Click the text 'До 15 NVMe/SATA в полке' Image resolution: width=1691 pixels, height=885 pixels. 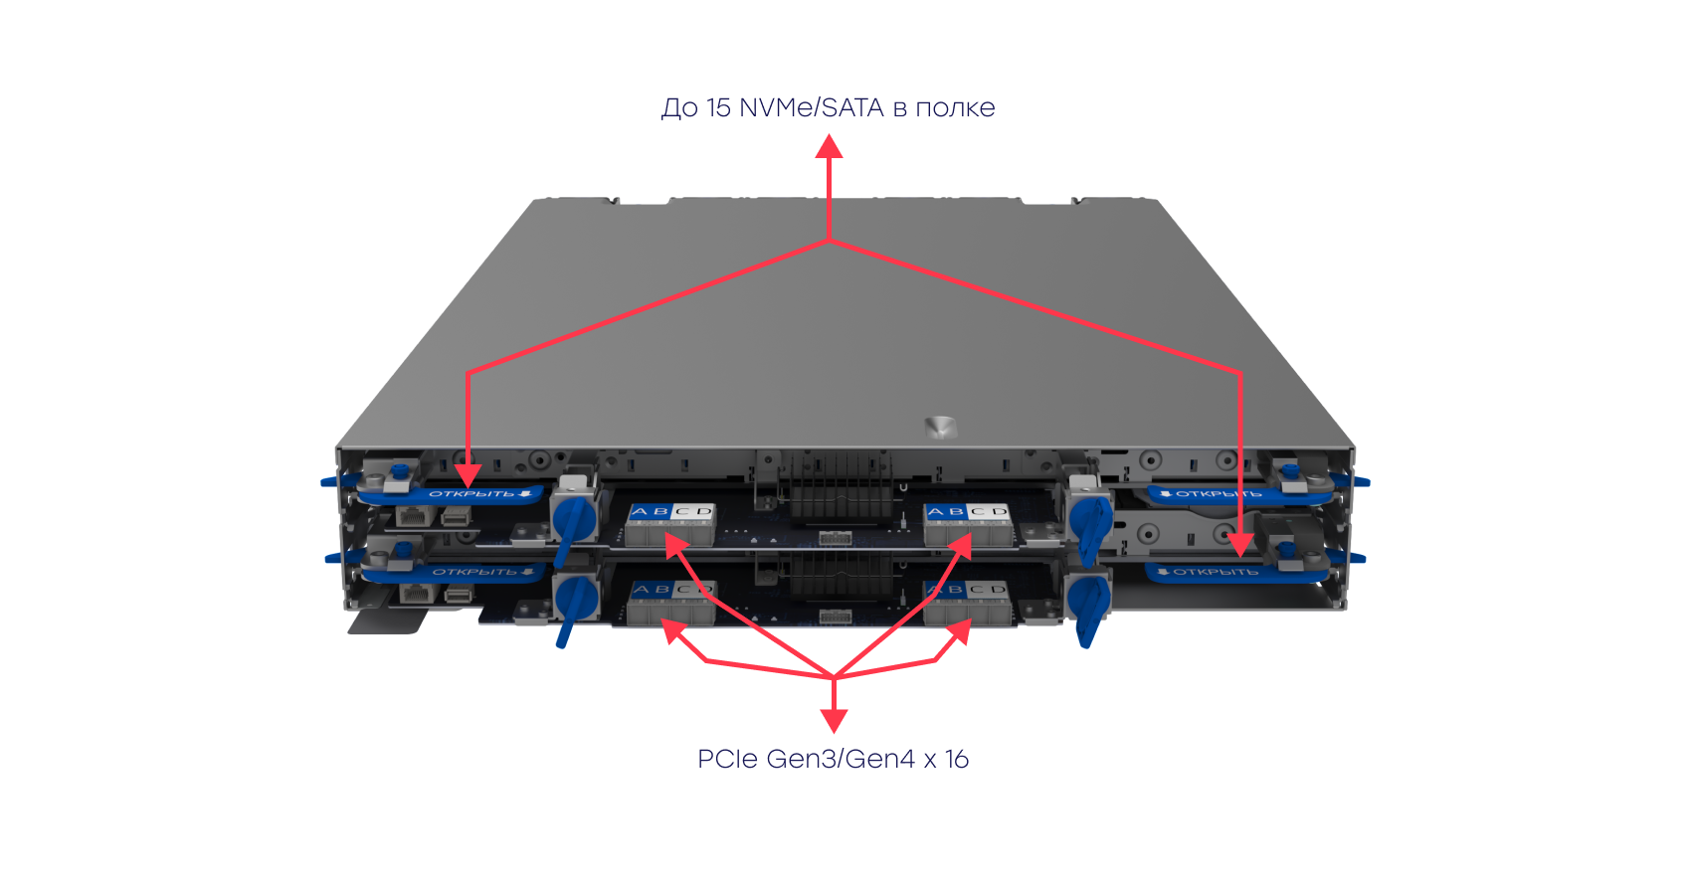[828, 107]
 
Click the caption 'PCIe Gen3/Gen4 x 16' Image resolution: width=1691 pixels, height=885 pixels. [833, 760]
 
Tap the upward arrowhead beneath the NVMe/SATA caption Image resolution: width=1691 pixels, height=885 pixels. [829, 147]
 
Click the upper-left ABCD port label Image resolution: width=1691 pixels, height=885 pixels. [671, 512]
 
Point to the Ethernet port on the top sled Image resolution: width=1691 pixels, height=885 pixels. [411, 516]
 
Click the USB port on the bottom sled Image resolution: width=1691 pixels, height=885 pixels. [458, 594]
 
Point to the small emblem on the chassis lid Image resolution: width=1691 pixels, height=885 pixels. [938, 427]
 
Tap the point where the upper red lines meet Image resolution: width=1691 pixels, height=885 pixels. [829, 241]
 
